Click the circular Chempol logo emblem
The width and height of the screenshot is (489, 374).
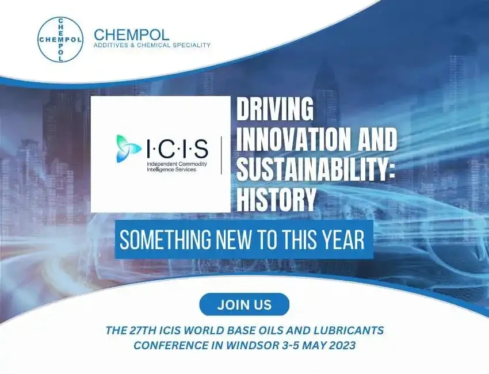coord(60,40)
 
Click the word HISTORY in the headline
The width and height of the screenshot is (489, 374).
coord(277,200)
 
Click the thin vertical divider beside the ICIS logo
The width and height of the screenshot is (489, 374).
coord(223,154)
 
